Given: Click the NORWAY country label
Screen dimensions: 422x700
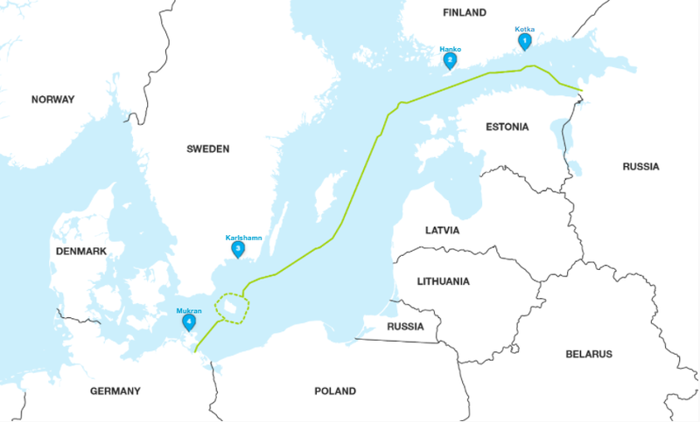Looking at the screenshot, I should [53, 100].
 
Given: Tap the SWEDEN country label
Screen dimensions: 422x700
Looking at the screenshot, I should [207, 149].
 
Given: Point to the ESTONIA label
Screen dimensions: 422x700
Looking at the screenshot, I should [506, 128].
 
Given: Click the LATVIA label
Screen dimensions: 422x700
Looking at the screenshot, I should [442, 231].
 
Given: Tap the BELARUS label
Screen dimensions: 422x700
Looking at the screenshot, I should [588, 354].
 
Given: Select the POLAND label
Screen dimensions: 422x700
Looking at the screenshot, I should [335, 391].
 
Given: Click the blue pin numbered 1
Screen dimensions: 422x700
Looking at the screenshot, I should [525, 41].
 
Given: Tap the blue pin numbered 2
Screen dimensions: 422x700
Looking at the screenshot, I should [450, 61].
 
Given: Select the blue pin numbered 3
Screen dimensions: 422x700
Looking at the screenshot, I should [237, 249].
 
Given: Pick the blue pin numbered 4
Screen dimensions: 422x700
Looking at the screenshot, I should [188, 322].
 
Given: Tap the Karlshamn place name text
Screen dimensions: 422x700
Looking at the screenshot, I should [243, 237].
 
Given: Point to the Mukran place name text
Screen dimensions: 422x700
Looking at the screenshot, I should [188, 310].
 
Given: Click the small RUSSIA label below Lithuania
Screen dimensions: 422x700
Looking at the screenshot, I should [405, 327].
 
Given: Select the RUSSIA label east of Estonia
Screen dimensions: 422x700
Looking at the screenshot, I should [640, 166].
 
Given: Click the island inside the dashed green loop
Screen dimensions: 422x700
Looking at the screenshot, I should [231, 308].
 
